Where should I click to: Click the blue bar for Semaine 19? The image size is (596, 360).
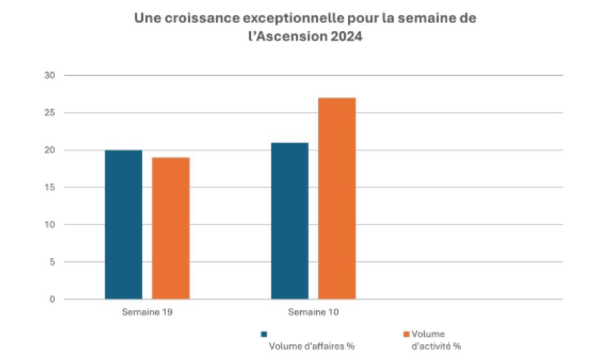point(123,225)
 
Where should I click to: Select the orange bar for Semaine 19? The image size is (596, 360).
point(171,228)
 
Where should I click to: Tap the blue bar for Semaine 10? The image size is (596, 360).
point(289,221)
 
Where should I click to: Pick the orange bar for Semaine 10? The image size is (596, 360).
point(337,198)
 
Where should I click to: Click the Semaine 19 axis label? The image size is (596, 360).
point(147,313)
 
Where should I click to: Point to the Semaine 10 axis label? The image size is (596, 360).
point(313,313)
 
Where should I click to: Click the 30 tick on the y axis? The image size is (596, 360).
point(51,76)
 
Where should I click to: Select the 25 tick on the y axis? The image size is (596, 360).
point(51,113)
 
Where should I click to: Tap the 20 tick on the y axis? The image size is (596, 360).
point(51,150)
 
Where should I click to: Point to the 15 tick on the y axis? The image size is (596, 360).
point(51,187)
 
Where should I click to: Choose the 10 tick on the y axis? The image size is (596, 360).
point(51,225)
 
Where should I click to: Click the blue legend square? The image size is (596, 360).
point(264,334)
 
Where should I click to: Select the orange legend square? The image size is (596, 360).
point(406,334)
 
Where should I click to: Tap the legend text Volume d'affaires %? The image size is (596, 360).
point(311,347)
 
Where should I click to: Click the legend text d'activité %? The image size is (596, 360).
point(436,347)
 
